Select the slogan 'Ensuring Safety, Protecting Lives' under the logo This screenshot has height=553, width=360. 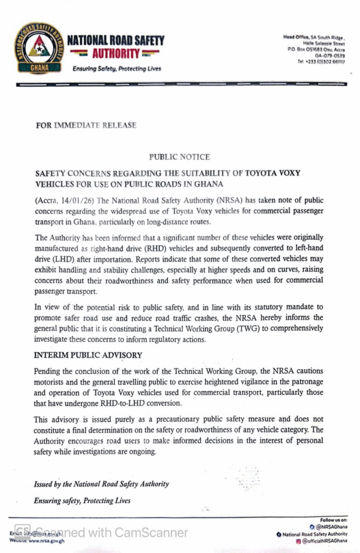117,69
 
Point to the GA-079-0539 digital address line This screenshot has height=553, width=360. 330,55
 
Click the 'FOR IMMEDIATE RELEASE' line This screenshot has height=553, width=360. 86,125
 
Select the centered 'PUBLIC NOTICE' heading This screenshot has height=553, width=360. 180,157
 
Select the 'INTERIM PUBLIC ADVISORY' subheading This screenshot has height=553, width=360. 88,355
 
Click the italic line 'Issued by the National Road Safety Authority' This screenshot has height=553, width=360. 101,484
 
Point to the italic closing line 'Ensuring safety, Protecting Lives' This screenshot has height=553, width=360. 82,501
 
